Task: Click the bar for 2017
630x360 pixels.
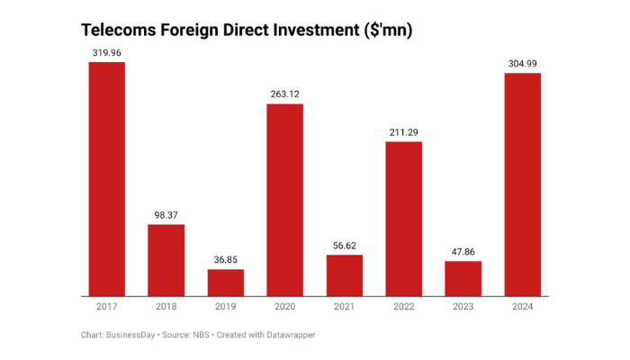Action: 106,178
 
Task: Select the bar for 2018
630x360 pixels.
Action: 166,259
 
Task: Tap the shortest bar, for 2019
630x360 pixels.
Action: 226,282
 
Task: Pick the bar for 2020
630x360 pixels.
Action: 285,199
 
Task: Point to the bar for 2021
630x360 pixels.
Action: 345,274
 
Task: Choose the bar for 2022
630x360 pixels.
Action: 404,218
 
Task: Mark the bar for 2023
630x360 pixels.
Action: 463,278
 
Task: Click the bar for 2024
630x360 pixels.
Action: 523,184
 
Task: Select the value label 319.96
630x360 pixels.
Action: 106,53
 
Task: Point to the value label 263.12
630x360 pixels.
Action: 285,94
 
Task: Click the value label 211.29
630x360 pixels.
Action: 404,132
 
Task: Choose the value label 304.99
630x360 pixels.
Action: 523,64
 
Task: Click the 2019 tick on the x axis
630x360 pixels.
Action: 226,307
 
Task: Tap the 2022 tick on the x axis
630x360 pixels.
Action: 404,307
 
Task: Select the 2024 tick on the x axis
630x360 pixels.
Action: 523,307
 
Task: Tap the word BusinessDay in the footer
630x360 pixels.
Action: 132,335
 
